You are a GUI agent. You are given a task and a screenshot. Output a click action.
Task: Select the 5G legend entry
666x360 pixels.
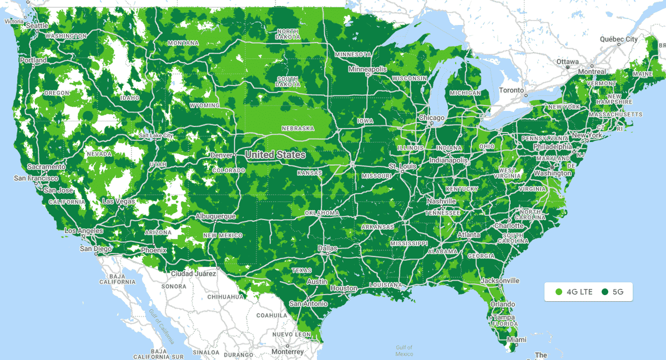tap(613, 291)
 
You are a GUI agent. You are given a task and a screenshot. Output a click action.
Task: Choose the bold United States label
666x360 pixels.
tap(275, 155)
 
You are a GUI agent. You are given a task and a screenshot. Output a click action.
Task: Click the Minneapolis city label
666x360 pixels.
tap(367, 69)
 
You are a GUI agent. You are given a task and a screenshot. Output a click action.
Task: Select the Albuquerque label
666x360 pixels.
tap(215, 216)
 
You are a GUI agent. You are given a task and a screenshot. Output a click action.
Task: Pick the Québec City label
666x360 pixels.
tap(618, 39)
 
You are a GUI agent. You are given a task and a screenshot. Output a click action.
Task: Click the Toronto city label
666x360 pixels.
tap(511, 90)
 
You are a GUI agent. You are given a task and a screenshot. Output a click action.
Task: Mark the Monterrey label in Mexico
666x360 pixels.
tap(287, 352)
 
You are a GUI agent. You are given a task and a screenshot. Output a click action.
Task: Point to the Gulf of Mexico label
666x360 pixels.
tap(404, 351)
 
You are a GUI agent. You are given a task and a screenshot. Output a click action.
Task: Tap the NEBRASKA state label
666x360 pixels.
tap(297, 128)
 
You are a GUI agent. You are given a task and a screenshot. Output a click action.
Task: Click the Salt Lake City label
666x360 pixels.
tap(156, 135)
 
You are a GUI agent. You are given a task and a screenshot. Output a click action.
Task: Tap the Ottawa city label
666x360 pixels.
tap(568, 61)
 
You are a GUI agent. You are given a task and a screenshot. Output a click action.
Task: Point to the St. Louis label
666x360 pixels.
tap(402, 166)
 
